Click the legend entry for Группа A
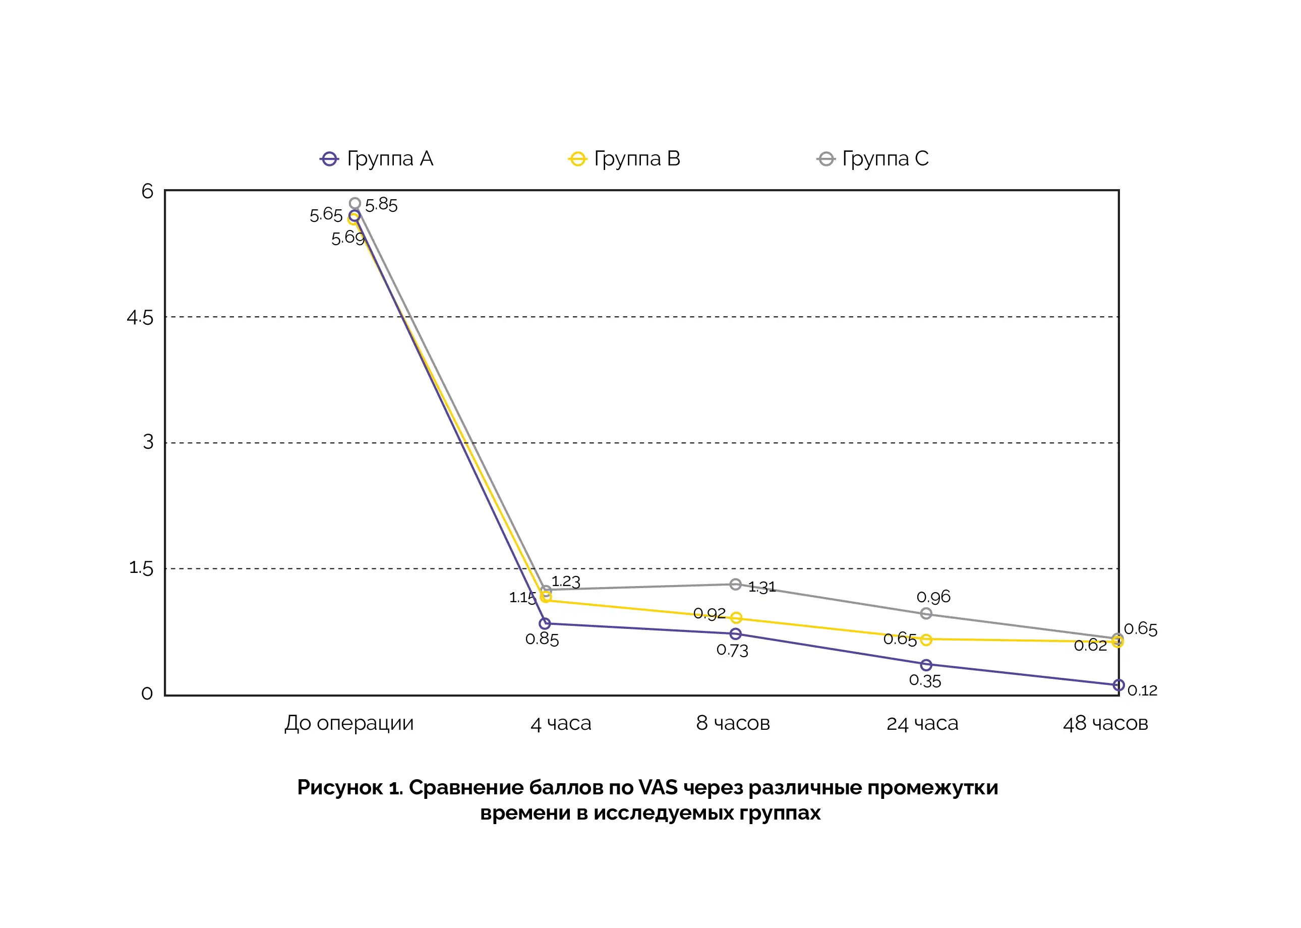point(377,159)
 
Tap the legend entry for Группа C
point(872,159)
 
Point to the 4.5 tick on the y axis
point(140,318)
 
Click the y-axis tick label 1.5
point(141,568)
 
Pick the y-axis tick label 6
point(147,192)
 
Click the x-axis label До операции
point(349,723)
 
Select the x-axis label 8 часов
point(733,723)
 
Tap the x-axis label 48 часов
point(1105,723)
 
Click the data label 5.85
point(381,205)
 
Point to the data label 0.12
point(1142,690)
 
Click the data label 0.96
point(933,597)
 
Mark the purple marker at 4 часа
point(545,623)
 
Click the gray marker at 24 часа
point(926,614)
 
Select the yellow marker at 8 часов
point(736,618)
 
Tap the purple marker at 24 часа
point(926,665)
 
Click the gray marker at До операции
point(355,203)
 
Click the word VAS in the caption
point(658,787)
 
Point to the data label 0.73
point(732,650)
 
